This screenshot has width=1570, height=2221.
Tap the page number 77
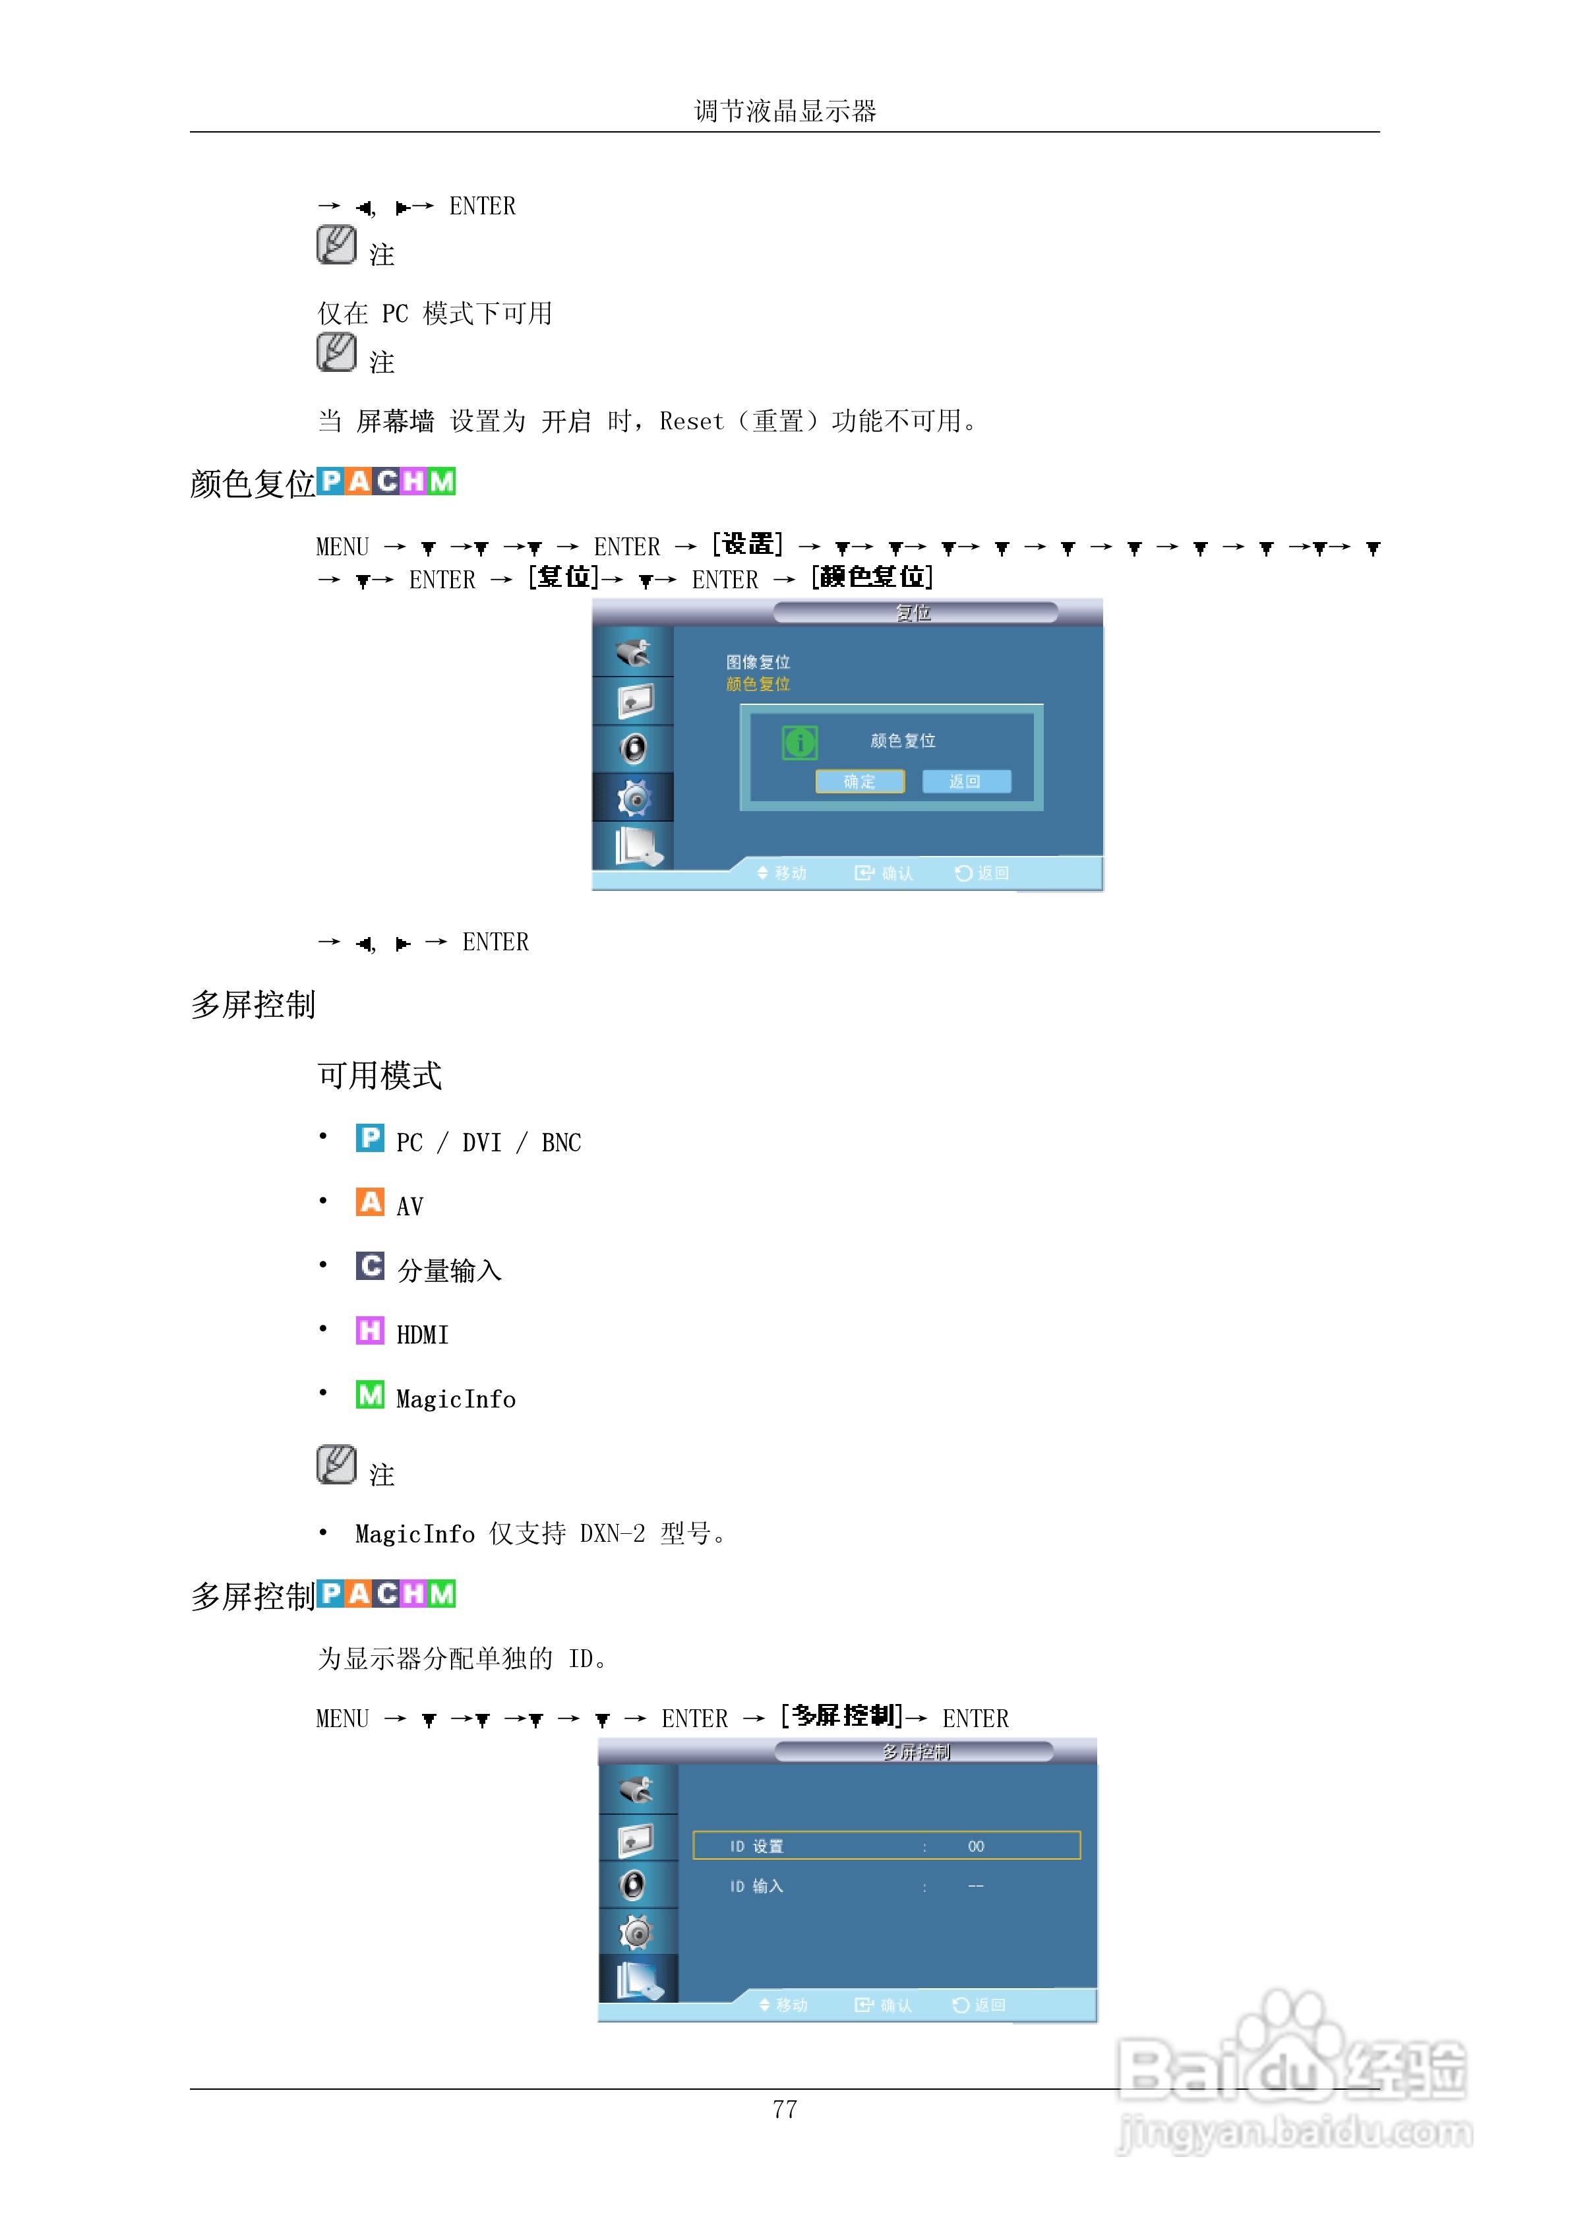(x=785, y=2109)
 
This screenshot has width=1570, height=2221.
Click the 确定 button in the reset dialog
(x=859, y=781)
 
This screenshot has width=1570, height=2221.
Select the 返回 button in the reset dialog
(x=965, y=781)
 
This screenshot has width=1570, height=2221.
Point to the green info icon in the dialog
(x=800, y=743)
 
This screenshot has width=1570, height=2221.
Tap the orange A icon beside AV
(x=369, y=1202)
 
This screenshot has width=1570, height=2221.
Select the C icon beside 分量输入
(x=369, y=1266)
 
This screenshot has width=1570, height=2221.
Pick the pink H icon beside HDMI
(x=369, y=1331)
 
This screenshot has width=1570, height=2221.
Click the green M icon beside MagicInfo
(x=369, y=1395)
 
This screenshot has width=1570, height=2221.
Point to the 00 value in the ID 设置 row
(x=975, y=1846)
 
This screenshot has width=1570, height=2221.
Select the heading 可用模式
(x=379, y=1076)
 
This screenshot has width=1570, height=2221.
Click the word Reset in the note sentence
(x=690, y=422)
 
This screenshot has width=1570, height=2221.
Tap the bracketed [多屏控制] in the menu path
(x=841, y=1717)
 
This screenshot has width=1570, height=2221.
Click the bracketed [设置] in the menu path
(x=747, y=545)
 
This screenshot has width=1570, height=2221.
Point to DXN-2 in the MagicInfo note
(x=613, y=1535)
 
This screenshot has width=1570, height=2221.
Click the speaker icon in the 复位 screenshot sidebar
(x=634, y=748)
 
